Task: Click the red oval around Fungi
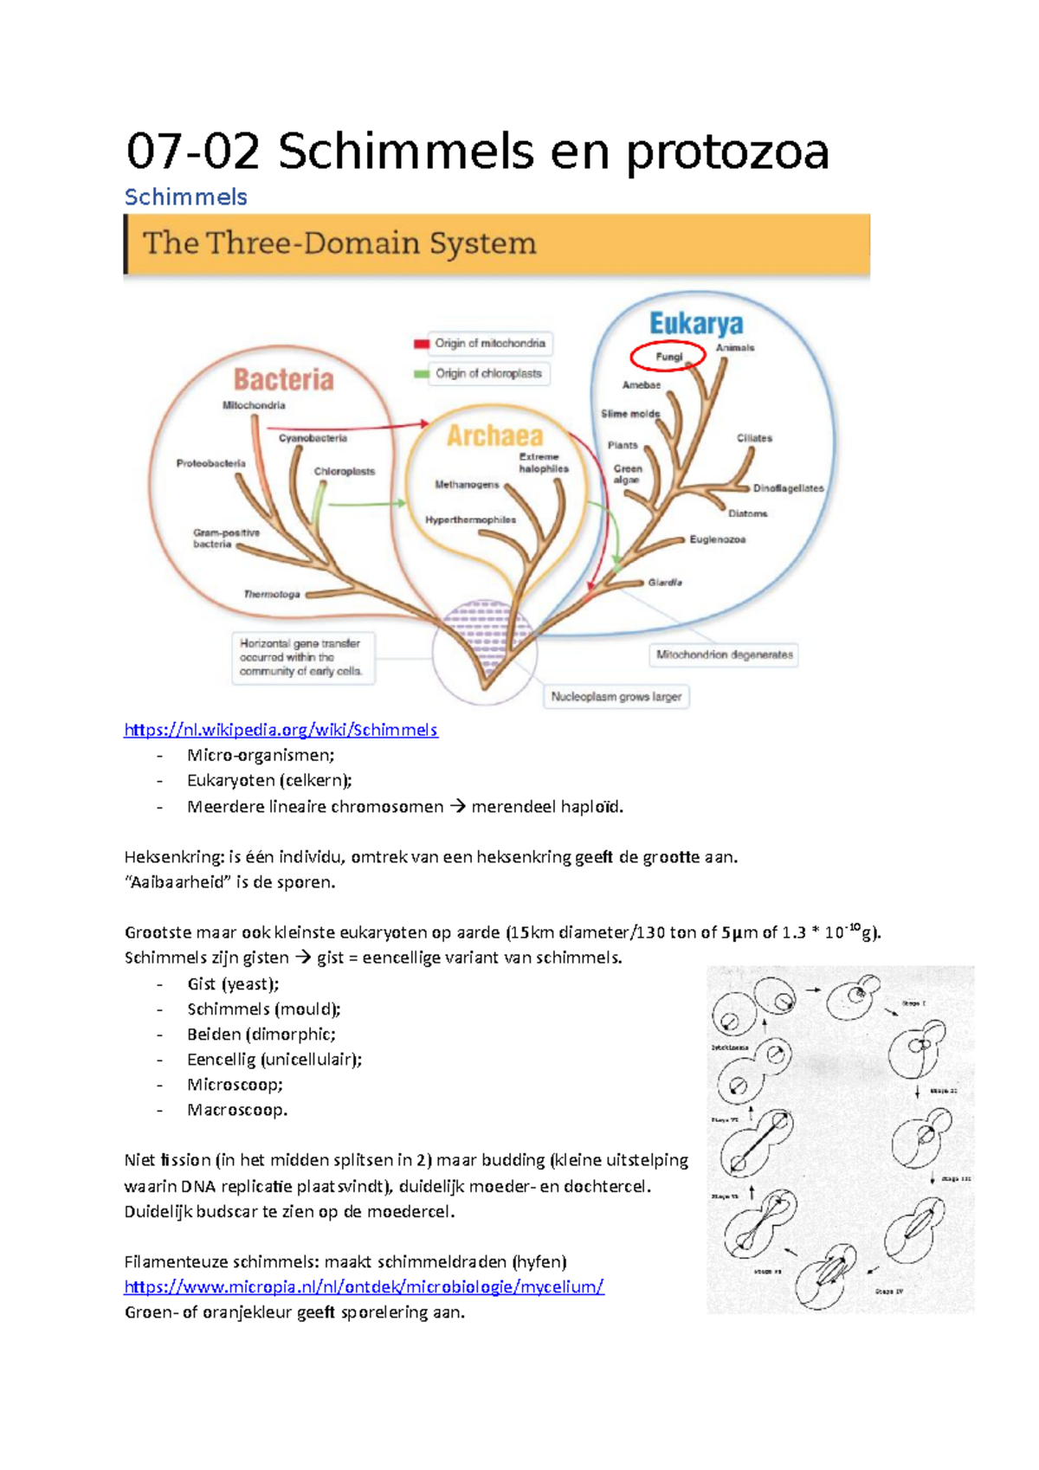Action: [668, 356]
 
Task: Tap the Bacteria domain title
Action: [283, 379]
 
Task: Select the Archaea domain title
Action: [494, 435]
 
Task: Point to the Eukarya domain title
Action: [696, 324]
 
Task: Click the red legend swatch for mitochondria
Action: [422, 344]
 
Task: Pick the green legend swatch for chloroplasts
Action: [422, 374]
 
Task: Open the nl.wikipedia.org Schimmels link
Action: [281, 730]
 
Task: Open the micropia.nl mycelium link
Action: [364, 1286]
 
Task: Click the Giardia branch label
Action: [665, 583]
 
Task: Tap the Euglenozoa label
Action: [717, 539]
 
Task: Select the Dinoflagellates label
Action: [788, 488]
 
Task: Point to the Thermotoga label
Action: [272, 594]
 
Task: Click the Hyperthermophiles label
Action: [470, 519]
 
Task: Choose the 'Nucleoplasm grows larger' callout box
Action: [616, 696]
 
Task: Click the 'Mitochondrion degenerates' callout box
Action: [724, 654]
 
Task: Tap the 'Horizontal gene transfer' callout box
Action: [302, 657]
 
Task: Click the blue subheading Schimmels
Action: [186, 197]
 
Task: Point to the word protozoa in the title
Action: [726, 152]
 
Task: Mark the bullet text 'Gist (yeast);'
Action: [233, 983]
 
